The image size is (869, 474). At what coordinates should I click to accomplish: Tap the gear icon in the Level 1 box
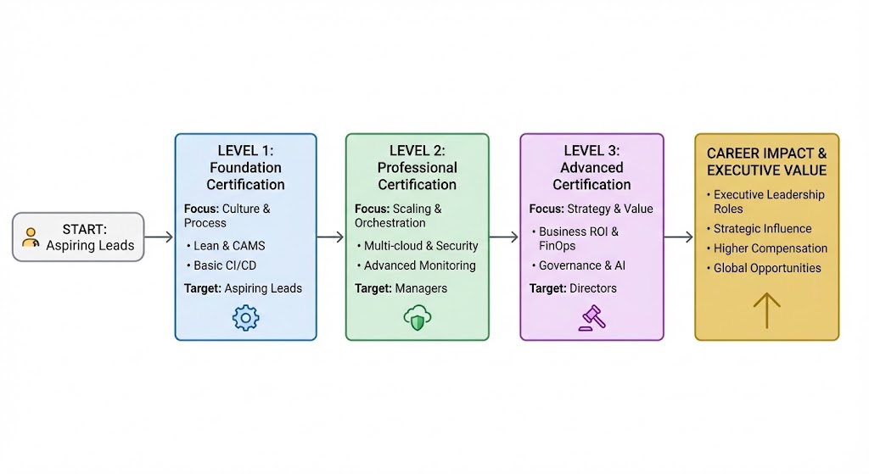pyautogui.click(x=245, y=317)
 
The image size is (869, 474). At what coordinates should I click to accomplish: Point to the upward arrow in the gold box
pyautogui.click(x=766, y=310)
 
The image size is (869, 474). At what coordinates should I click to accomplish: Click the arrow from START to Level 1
pyautogui.click(x=159, y=238)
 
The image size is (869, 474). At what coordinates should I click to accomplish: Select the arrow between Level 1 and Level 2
pyautogui.click(x=330, y=238)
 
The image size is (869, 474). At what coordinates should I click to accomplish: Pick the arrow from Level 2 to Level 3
pyautogui.click(x=503, y=238)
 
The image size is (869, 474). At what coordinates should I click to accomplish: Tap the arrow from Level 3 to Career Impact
pyautogui.click(x=678, y=238)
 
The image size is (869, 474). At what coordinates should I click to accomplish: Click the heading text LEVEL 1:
pyautogui.click(x=246, y=150)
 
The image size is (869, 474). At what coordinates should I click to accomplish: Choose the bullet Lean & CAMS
pyautogui.click(x=229, y=246)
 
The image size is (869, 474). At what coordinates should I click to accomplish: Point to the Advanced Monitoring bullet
pyautogui.click(x=419, y=265)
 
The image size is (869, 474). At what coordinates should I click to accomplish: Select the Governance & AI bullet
pyautogui.click(x=582, y=265)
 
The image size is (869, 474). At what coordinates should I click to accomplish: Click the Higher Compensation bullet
pyautogui.click(x=770, y=248)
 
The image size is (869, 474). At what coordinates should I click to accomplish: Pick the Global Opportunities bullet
pyautogui.click(x=767, y=268)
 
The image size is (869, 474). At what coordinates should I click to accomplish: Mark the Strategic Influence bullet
pyautogui.click(x=762, y=229)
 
